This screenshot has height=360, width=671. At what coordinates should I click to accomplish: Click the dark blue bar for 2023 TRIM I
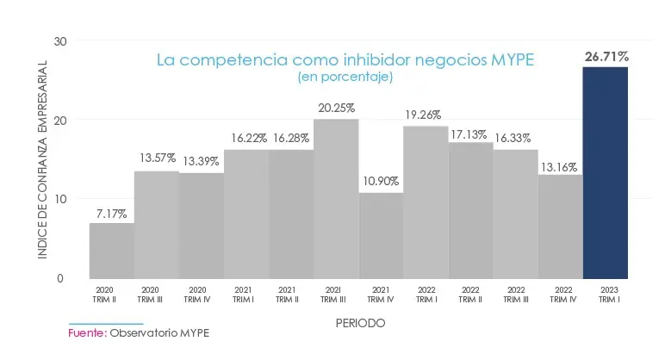coord(605,172)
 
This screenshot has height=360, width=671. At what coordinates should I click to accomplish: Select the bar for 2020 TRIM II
coord(112,251)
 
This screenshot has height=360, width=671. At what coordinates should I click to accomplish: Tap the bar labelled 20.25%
coord(336,198)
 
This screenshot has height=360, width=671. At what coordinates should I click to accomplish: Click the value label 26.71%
coord(606,57)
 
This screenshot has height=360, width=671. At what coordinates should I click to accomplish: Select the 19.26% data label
coord(426,113)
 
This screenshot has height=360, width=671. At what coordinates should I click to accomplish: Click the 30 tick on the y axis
coord(59,40)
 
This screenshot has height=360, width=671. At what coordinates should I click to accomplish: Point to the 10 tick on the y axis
coord(59,199)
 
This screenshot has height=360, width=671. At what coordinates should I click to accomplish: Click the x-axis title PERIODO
coord(360,323)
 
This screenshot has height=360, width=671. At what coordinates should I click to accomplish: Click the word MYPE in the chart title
coord(512,60)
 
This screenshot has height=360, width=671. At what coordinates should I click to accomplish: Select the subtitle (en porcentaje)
coord(345,78)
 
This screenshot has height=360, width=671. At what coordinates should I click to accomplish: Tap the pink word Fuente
coord(86,332)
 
